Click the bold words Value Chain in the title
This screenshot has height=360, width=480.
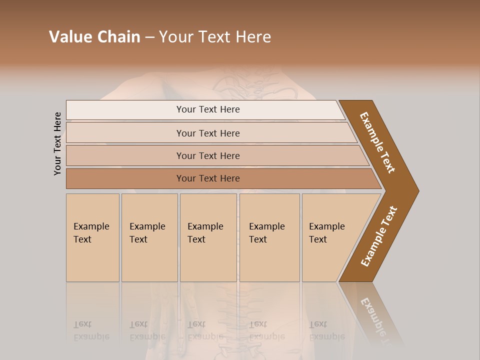(94, 37)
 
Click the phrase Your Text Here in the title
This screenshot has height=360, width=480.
(215, 37)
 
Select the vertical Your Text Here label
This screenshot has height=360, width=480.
(57, 144)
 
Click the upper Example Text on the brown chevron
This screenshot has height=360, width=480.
(377, 142)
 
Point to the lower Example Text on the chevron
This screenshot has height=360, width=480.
(379, 236)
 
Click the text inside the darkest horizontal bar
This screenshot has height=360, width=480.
(208, 178)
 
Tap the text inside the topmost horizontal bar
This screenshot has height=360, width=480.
(208, 109)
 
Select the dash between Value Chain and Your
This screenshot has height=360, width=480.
(149, 37)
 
